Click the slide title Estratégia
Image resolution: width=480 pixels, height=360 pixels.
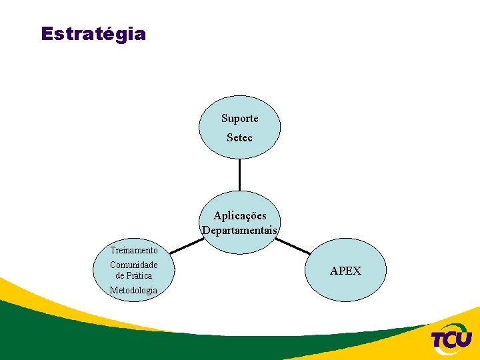click(93, 34)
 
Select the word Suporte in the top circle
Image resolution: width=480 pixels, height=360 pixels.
click(240, 119)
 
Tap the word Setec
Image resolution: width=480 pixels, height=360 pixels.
click(240, 138)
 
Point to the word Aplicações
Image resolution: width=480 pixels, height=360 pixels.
click(240, 215)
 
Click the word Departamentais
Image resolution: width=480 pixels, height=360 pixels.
click(240, 231)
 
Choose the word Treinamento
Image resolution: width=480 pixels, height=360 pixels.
click(134, 251)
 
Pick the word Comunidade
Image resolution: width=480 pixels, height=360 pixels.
click(134, 265)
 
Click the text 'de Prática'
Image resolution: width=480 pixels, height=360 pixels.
click(134, 275)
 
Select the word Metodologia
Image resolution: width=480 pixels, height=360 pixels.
click(134, 290)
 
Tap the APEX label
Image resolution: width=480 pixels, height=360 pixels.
click(346, 271)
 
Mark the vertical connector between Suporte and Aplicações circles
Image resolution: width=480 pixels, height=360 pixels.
click(239, 175)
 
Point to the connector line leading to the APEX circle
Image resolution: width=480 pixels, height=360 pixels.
click(293, 247)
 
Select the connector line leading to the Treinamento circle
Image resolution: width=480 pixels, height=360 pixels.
click(186, 246)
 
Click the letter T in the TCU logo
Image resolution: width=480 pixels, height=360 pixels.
click(439, 340)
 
